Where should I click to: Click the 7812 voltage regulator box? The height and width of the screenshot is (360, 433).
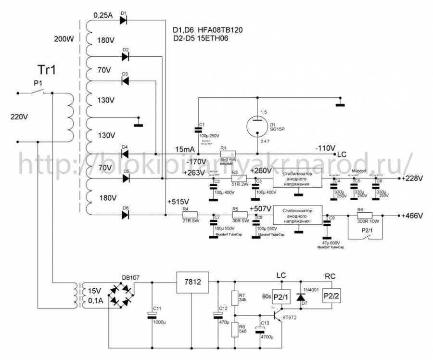192,282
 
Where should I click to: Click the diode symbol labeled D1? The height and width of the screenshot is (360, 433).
123,20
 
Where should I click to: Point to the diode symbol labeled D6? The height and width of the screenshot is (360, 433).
126,215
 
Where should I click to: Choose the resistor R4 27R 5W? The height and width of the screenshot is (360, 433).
186,215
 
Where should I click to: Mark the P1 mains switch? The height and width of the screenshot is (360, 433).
43,91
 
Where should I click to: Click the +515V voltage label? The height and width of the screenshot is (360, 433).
178,201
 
